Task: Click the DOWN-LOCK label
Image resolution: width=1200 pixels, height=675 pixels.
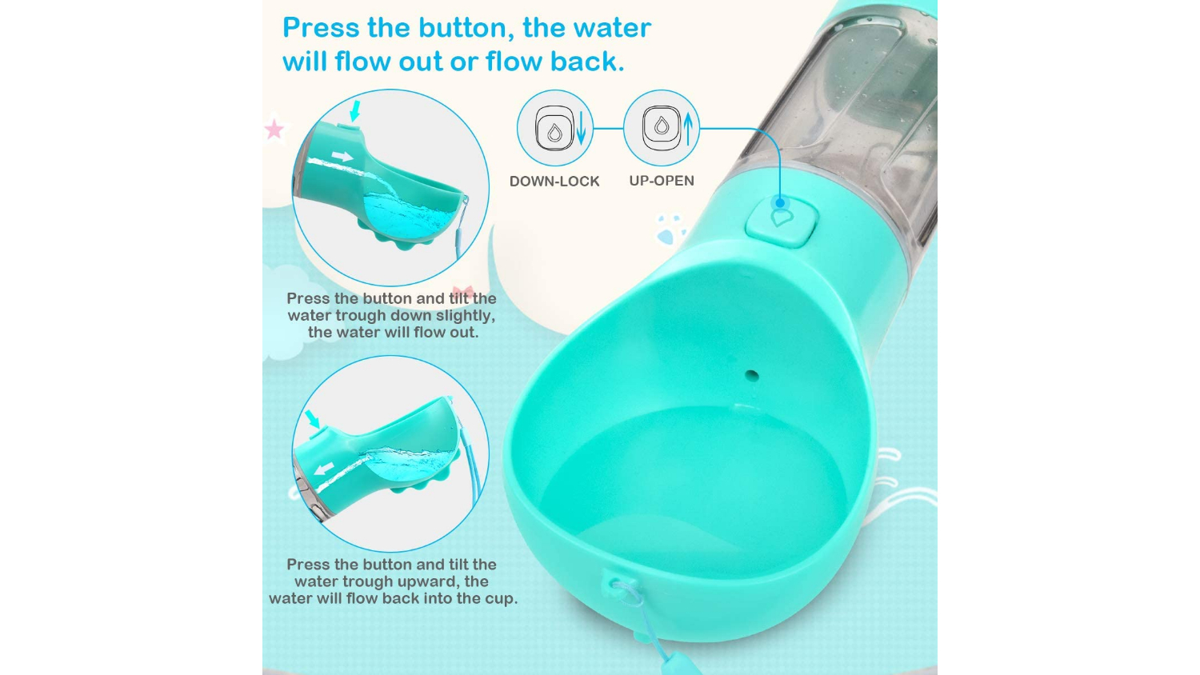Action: (x=554, y=181)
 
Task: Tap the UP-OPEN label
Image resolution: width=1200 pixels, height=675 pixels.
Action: (x=662, y=181)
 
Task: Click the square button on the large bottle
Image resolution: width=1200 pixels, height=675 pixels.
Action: (x=782, y=222)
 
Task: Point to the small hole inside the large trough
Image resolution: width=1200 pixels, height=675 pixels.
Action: (x=752, y=375)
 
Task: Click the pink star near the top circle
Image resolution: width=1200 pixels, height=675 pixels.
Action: (x=275, y=129)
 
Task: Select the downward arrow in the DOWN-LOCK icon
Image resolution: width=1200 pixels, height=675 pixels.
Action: (x=581, y=128)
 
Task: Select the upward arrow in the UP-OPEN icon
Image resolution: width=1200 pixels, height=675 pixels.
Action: (x=688, y=128)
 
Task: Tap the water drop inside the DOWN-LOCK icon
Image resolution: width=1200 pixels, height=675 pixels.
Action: (x=554, y=131)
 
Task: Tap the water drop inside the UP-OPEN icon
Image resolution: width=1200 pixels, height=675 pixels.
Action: (x=662, y=126)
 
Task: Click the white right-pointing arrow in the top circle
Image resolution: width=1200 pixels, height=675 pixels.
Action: (x=343, y=157)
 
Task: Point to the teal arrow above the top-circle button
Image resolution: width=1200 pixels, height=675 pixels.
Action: (x=354, y=110)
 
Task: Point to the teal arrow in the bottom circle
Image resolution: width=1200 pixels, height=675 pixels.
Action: (x=313, y=419)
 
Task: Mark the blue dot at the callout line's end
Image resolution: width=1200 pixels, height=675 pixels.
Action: (x=780, y=203)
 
